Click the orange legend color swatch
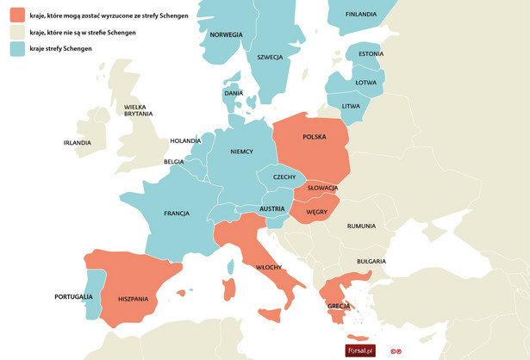pos(17,16)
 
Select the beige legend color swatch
pos(17,33)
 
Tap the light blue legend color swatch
pos(17,49)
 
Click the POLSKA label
pos(315,137)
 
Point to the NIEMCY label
pos(241,152)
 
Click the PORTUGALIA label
pos(72,296)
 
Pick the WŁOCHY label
pos(271,267)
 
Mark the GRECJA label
pos(340,307)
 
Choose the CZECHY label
pos(284,177)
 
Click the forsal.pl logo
pos(363,350)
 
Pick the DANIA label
pos(234,93)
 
